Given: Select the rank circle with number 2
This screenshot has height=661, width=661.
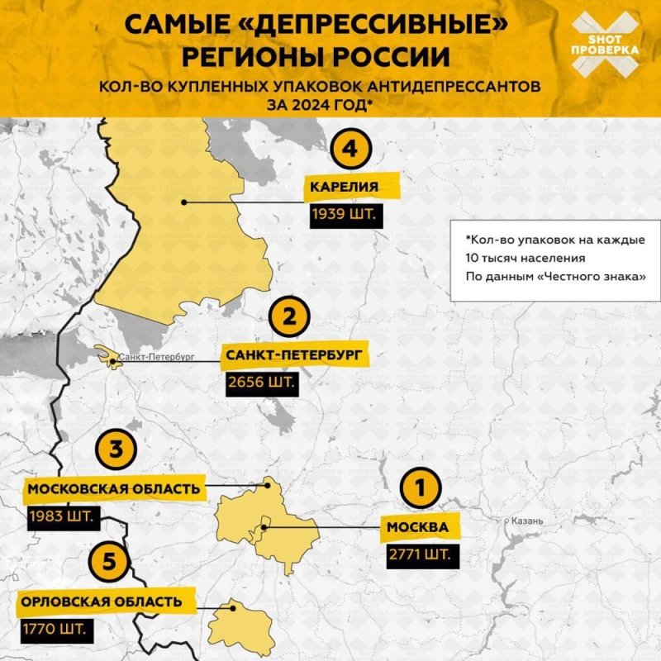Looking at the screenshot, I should (289, 318).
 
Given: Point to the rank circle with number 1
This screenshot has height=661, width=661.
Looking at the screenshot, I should (420, 488).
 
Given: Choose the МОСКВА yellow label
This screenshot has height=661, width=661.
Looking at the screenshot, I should (420, 526).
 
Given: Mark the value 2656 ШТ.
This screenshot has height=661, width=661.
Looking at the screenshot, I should (260, 383).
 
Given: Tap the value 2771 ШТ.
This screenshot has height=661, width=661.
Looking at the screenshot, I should (420, 554).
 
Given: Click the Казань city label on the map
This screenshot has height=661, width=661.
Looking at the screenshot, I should (525, 521).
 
